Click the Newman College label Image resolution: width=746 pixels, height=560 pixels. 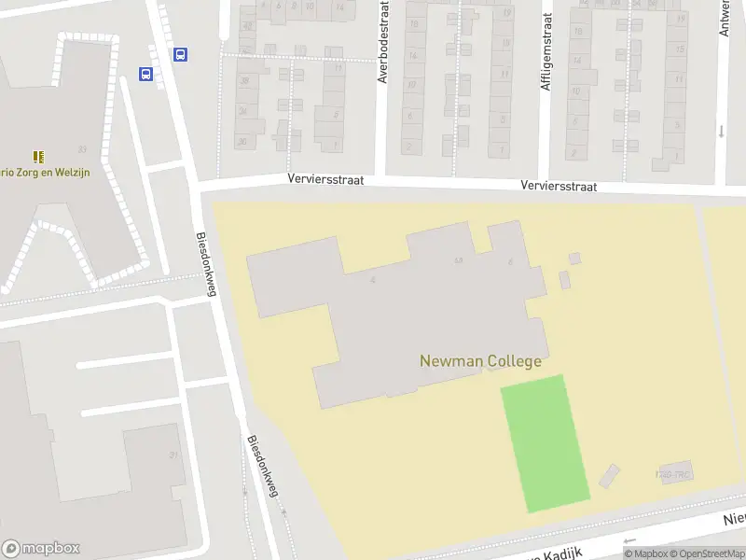[x=480, y=361]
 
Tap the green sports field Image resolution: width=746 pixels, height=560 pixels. [x=546, y=443]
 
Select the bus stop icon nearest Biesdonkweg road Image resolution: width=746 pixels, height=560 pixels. [x=180, y=55]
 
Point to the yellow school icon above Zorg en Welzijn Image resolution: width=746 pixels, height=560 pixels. [x=38, y=157]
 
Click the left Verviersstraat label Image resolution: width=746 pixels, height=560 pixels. [x=325, y=179]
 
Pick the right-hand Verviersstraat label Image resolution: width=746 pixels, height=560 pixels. [x=559, y=187]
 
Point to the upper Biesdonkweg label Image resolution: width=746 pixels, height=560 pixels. [x=206, y=264]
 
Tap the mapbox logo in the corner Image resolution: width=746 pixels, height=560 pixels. [x=41, y=549]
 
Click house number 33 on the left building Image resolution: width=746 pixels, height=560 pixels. [x=83, y=149]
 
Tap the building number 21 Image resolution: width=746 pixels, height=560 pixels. [x=173, y=455]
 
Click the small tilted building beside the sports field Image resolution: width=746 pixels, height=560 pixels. [x=609, y=476]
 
